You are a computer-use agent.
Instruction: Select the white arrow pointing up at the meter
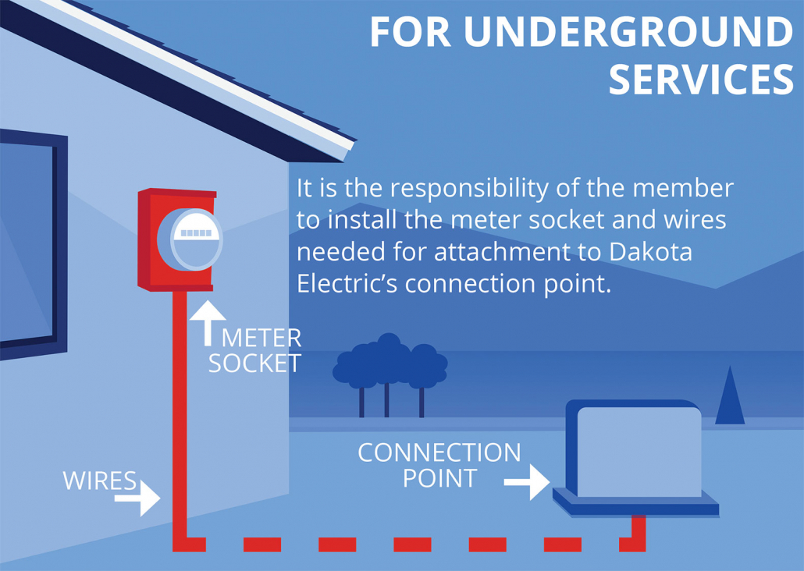click(208, 321)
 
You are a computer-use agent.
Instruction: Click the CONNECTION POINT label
click(439, 465)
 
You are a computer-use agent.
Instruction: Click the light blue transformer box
click(639, 452)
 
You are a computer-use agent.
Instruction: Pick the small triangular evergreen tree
click(730, 398)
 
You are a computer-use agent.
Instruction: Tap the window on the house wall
click(27, 242)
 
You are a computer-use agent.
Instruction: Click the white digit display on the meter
click(196, 232)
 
